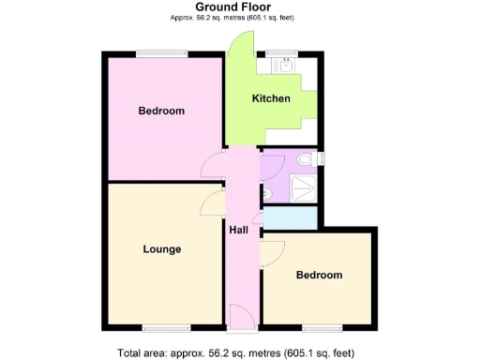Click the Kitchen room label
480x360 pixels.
271,98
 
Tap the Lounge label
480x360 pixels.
162,249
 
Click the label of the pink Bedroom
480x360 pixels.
161,111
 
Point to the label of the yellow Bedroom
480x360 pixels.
319,276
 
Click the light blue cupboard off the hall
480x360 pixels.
290,217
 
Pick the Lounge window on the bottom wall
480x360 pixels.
163,327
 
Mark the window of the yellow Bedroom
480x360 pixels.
321,327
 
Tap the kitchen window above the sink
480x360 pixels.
281,52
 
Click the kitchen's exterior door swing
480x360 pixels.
240,42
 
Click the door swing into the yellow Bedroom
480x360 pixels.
272,251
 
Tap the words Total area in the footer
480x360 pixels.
142,353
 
